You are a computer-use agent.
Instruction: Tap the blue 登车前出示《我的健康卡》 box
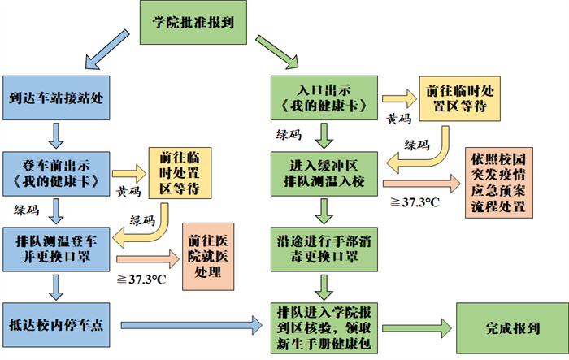54,172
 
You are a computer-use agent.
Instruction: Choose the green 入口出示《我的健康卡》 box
325,97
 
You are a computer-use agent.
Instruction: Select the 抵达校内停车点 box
54,323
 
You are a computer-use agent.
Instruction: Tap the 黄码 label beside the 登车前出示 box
130,193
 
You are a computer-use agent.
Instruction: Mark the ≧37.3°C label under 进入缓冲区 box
414,201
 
